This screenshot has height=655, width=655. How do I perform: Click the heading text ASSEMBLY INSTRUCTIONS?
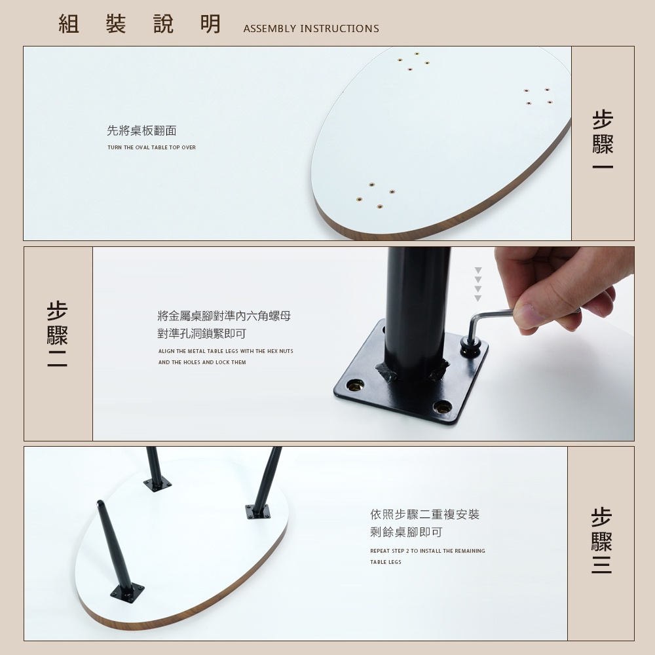click(x=311, y=28)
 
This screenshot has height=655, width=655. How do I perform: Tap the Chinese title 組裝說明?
click(x=140, y=24)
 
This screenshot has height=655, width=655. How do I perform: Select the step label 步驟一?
click(x=603, y=140)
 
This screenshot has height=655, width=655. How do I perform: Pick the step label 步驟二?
click(x=57, y=334)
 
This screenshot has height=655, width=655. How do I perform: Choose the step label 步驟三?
click(x=601, y=540)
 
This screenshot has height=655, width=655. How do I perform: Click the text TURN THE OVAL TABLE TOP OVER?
click(x=152, y=147)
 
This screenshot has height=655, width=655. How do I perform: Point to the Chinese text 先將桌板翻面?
click(x=141, y=131)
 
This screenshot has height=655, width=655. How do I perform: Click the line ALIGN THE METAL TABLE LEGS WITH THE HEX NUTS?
click(x=225, y=351)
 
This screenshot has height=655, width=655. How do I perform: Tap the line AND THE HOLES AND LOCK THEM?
click(x=202, y=363)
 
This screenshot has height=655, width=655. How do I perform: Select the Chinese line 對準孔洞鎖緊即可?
click(x=202, y=334)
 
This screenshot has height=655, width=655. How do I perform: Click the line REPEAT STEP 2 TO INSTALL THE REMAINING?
click(x=428, y=551)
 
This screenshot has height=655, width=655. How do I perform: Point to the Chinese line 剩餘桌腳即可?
click(x=406, y=532)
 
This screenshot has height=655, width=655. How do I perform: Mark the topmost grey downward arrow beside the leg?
click(x=478, y=271)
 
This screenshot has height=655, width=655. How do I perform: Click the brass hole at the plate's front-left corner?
click(x=354, y=384)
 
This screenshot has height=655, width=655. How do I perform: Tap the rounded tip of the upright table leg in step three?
click(x=100, y=503)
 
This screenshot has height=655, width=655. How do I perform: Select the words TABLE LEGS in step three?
click(x=386, y=562)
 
